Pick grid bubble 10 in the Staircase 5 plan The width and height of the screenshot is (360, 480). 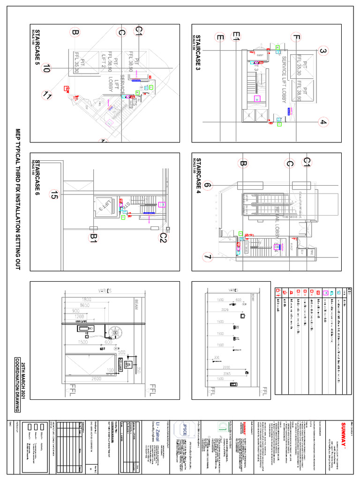pos(45,69)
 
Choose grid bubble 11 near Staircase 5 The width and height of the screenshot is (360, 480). pos(47,96)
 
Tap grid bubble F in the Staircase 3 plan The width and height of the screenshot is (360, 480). pos(295,37)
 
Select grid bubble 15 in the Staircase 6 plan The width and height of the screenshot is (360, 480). pos(55,195)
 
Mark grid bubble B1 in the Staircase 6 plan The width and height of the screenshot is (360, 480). pos(93,239)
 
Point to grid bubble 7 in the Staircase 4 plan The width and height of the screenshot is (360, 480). pos(208,257)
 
